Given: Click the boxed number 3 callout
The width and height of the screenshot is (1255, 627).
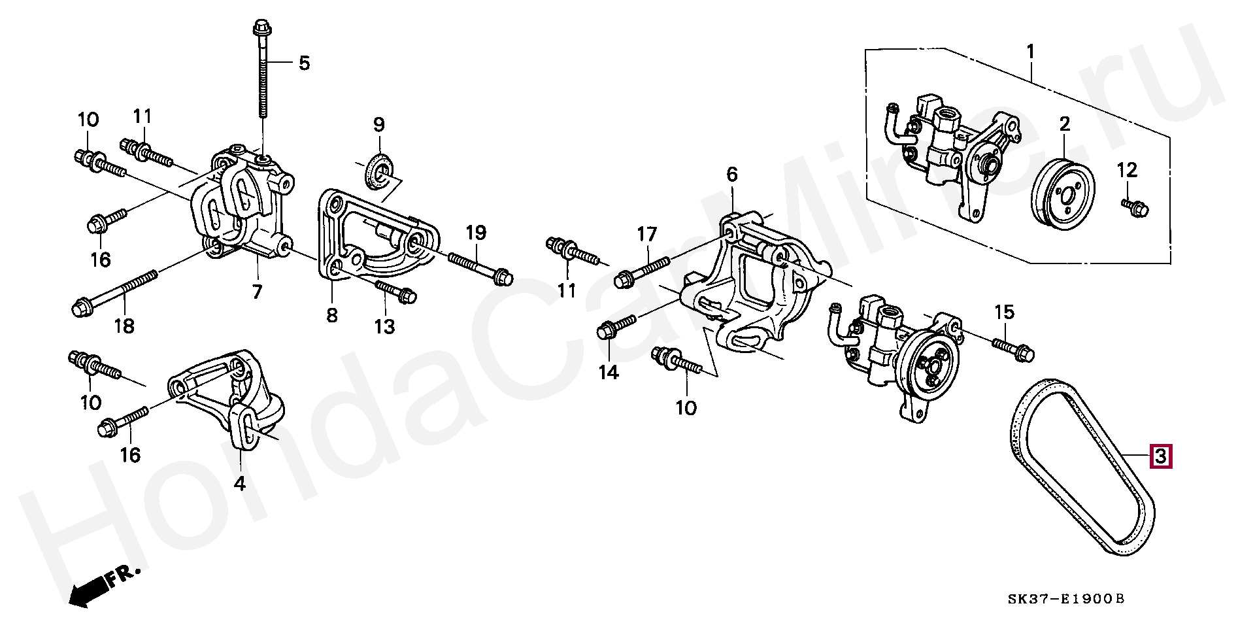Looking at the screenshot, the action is (1160, 456).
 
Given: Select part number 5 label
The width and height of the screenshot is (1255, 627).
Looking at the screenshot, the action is (304, 63).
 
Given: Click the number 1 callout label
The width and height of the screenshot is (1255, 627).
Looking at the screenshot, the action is (1030, 50).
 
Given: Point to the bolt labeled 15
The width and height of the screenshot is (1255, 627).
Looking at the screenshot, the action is (1012, 348).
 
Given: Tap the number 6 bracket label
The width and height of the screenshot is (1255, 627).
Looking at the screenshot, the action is (731, 174).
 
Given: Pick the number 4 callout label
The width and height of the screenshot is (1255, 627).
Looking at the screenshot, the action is (240, 484).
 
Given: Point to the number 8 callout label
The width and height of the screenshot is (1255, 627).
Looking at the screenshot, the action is (331, 316).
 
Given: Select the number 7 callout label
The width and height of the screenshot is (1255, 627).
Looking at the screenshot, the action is (257, 292).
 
